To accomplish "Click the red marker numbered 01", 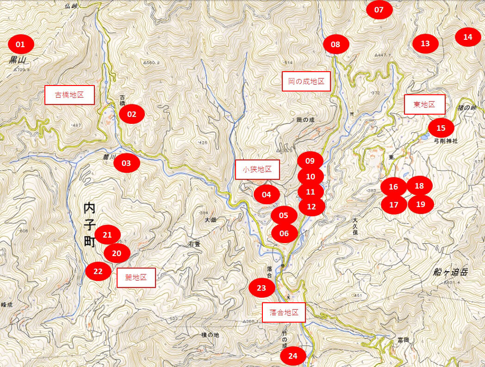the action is click(20, 44).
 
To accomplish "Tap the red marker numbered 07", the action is click(379, 10).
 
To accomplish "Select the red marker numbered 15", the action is click(441, 128).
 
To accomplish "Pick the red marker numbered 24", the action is click(293, 356).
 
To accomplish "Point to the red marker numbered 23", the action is click(261, 288).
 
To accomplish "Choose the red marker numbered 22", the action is click(98, 271).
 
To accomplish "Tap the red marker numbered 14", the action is click(468, 37).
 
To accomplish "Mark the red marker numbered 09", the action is click(310, 161).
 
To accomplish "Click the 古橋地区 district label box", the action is click(69, 95).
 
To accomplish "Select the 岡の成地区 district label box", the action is click(306, 81).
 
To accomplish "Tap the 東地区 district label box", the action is click(424, 104).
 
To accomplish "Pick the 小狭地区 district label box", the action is click(257, 170).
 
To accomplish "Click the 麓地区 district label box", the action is click(136, 277).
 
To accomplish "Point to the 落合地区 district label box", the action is click(284, 312).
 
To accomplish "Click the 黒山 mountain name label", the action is click(19, 61).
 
